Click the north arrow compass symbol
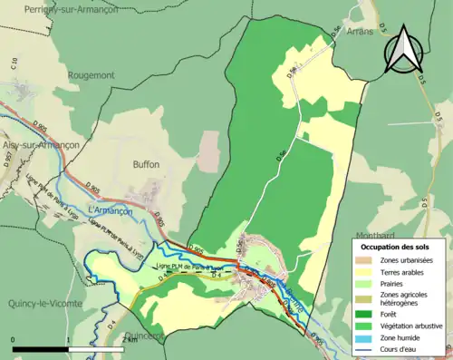tap(403, 52)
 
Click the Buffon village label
tap(146, 165)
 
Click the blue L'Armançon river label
tap(110, 210)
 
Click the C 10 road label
tap(15, 65)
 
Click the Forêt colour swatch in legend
tap(368, 310)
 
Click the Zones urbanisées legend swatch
tap(368, 260)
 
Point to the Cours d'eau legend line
tap(368, 348)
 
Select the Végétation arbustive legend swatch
tap(368, 323)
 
